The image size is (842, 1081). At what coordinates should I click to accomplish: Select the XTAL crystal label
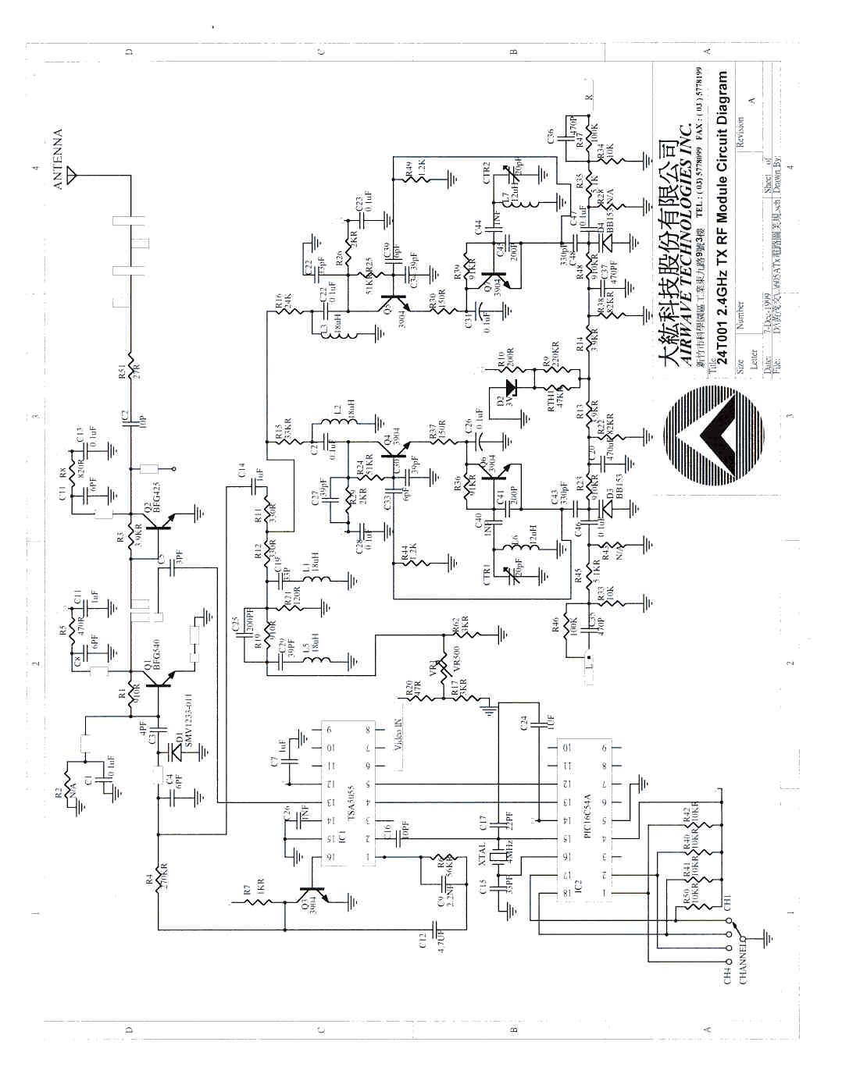tap(482, 853)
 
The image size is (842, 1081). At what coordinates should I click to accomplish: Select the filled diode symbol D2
tap(512, 387)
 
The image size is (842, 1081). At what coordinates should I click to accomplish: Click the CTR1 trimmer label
tap(487, 576)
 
